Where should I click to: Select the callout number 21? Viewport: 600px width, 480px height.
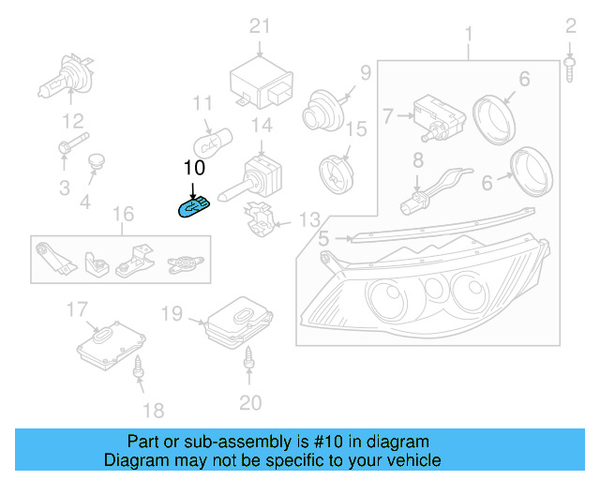click(x=259, y=25)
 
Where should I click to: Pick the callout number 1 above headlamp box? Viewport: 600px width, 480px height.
click(x=469, y=36)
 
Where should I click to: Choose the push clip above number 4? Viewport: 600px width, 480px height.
click(x=95, y=165)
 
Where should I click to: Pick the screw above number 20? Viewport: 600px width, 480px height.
click(x=249, y=358)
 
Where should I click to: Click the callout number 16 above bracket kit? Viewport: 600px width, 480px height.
click(x=123, y=216)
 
